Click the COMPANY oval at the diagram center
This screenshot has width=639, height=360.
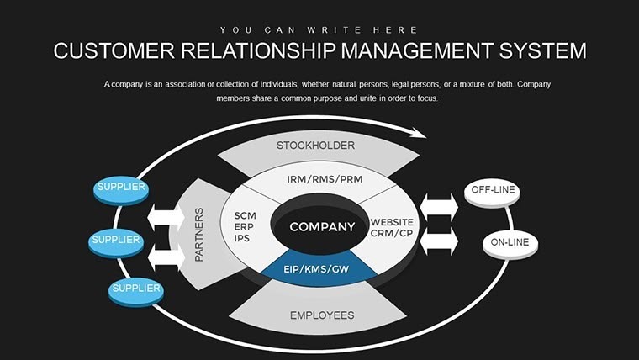point(322,227)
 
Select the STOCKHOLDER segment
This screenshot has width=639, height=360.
point(315,147)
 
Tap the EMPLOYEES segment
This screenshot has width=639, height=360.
point(321,315)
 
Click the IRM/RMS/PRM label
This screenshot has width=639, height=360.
point(317,179)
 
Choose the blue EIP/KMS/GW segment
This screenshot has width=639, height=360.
point(318,269)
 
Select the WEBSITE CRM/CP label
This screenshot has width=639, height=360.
point(391,228)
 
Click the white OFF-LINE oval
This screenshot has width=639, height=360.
point(492,191)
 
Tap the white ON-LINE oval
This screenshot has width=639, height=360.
point(510,244)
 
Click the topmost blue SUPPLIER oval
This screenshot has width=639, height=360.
point(120,188)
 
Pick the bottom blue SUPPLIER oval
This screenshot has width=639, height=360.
point(135,290)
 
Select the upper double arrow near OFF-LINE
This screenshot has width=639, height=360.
point(439,206)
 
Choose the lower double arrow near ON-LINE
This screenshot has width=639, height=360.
point(439,243)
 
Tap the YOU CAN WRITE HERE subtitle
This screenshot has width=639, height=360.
point(319,27)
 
